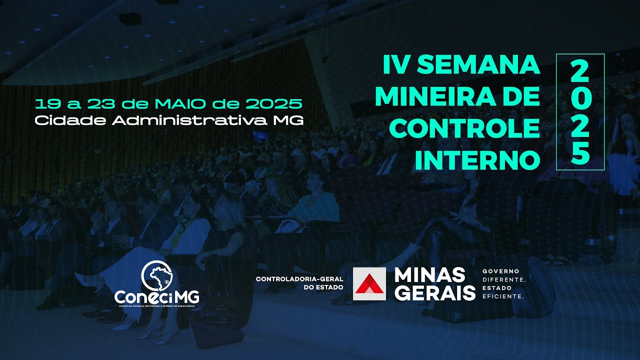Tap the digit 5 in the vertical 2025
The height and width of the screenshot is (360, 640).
pyautogui.click(x=580, y=154)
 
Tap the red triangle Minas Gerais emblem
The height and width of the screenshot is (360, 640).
pyautogui.click(x=369, y=283)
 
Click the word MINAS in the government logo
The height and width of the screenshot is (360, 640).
pyautogui.click(x=429, y=275)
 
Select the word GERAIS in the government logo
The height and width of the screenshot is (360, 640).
pyautogui.click(x=434, y=292)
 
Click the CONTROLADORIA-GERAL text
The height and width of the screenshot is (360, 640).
pyautogui.click(x=299, y=279)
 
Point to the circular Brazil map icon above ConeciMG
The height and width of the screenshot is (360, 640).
pyautogui.click(x=156, y=276)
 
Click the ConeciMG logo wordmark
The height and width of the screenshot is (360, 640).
pyautogui.click(x=156, y=297)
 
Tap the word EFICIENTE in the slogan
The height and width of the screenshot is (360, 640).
pyautogui.click(x=502, y=296)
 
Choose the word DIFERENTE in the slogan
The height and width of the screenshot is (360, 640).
pyautogui.click(x=503, y=279)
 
